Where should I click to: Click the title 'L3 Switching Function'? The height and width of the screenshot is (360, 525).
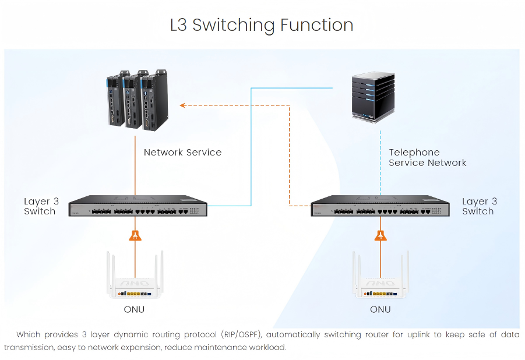click(262, 25)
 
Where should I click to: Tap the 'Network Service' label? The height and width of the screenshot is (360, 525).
click(182, 153)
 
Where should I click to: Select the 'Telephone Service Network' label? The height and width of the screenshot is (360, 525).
click(428, 158)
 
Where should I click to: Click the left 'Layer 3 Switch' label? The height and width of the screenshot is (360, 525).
click(40, 207)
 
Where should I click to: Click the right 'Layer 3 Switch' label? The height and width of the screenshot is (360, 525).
click(478, 207)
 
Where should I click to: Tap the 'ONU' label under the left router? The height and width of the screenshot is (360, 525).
click(134, 310)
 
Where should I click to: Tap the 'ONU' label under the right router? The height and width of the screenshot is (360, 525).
click(380, 310)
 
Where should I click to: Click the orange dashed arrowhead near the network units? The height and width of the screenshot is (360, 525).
click(182, 105)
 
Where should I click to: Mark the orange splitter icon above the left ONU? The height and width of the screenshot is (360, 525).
click(135, 235)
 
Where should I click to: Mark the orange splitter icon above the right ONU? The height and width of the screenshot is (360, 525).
click(380, 235)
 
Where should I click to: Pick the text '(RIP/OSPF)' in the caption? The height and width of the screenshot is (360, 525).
click(241, 335)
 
